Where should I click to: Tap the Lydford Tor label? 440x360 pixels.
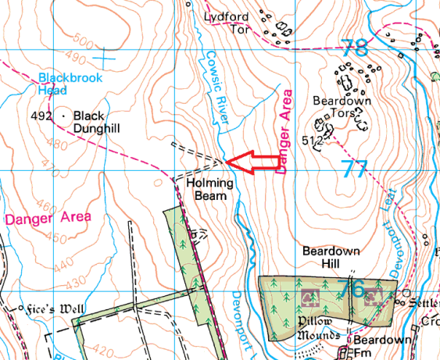[x=227, y=23]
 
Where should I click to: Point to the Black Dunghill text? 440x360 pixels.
[x=101, y=122]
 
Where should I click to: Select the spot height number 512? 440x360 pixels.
[x=312, y=140]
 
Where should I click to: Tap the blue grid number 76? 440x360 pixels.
[x=352, y=290]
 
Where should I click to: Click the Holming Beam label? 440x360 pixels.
[x=207, y=188]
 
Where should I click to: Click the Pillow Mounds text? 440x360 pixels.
[x=320, y=329]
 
